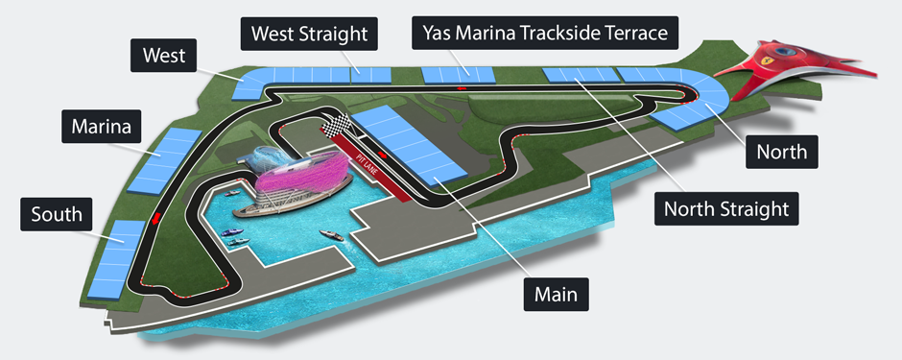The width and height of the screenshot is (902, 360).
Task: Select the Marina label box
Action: point(101,125)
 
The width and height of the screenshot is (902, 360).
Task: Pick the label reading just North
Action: point(783,151)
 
